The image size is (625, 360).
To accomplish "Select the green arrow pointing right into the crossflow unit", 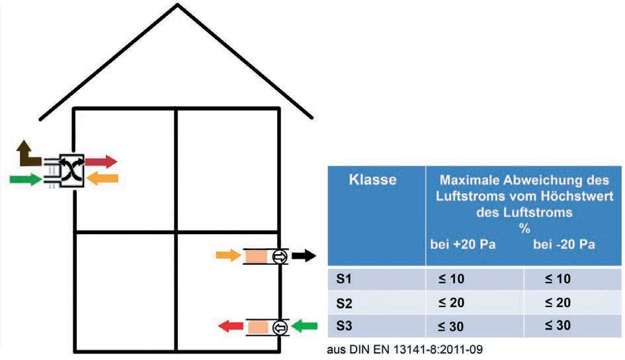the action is [x=26, y=179].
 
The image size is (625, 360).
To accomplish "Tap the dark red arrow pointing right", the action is [x=101, y=161].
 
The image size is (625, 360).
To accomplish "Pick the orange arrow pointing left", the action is [x=103, y=178].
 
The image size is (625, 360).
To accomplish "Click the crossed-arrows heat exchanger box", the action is [x=71, y=170].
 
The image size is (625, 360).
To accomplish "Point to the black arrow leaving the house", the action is [x=304, y=255].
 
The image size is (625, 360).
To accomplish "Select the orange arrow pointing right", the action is [x=228, y=255].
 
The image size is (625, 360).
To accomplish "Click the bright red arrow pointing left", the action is [x=231, y=326].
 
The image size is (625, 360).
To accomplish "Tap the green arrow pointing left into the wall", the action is [x=304, y=326].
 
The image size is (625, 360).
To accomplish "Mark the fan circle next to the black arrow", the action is [x=280, y=257].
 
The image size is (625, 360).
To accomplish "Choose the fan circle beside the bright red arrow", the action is [x=280, y=328].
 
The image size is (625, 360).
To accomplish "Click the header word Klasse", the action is [x=373, y=179].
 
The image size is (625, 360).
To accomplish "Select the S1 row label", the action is [x=344, y=279].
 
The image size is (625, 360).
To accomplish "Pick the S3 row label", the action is [x=344, y=326].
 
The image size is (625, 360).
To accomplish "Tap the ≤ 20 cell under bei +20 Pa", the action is [x=451, y=302].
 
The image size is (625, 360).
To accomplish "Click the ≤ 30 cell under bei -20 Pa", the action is [x=558, y=326].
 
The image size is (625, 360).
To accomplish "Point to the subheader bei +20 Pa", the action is [x=463, y=244].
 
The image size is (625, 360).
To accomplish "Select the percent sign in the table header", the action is [x=524, y=228].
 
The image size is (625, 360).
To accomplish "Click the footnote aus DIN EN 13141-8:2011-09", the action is [x=405, y=349].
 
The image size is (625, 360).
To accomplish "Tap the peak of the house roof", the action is [x=177, y=5].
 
